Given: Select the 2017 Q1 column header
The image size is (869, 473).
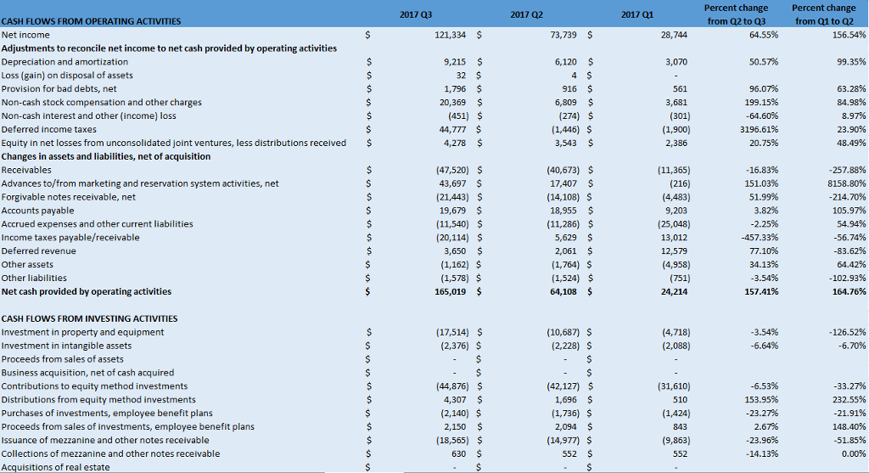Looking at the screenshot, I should pyautogui.click(x=637, y=14).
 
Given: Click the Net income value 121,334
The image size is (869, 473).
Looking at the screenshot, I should pyautogui.click(x=451, y=35).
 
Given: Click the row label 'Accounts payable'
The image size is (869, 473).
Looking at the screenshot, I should pyautogui.click(x=38, y=211).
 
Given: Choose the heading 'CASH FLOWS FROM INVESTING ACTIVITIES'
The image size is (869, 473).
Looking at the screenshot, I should pyautogui.click(x=89, y=318).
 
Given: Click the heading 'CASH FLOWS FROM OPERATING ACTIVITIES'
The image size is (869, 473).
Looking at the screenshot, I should pyautogui.click(x=91, y=21).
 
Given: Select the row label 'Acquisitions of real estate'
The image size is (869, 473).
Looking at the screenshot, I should pyautogui.click(x=56, y=467).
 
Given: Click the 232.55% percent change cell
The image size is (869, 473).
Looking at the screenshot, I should pyautogui.click(x=848, y=399).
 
